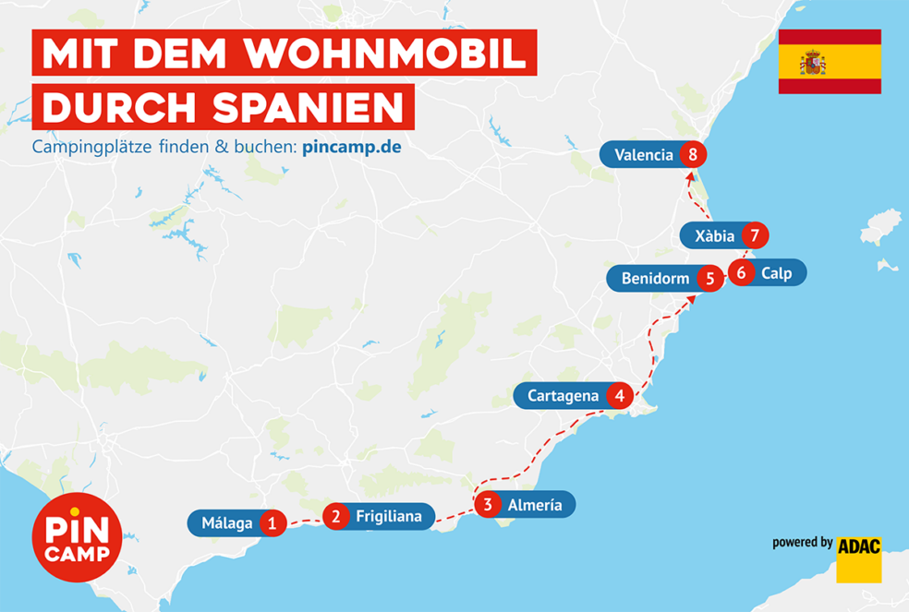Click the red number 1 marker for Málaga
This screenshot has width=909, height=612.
[272, 523]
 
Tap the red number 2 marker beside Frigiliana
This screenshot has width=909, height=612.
[336, 516]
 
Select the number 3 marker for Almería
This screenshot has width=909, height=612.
[488, 504]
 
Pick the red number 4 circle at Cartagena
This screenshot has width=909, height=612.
[619, 396]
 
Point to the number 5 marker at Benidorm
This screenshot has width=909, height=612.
[709, 278]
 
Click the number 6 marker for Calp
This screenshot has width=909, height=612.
[741, 272]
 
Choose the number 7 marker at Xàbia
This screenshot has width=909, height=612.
[755, 235]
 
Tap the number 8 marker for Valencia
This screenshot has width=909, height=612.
[693, 154]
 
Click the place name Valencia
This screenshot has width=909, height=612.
[644, 155]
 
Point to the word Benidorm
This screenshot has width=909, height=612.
[655, 278]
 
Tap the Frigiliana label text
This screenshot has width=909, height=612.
[388, 517]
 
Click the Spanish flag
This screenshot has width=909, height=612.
[829, 62]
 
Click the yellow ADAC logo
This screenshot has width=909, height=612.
[858, 558]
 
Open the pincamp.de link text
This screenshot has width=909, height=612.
[351, 148]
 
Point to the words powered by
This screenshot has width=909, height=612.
[802, 543]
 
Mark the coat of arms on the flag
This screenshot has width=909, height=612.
[813, 63]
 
